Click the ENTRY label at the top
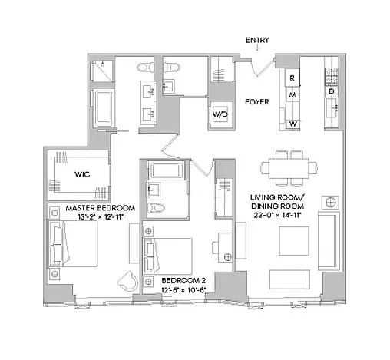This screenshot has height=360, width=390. point(258,40)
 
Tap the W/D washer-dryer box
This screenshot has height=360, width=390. point(220,114)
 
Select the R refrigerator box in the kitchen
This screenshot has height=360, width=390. point(292,78)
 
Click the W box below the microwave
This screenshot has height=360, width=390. point(292,123)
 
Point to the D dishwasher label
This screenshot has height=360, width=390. point(332,92)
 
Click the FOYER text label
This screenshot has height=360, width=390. point(256,101)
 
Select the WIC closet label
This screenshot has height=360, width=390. point(83,174)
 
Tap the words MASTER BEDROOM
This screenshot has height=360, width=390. point(101,208)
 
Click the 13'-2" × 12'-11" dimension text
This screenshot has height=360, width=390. point(101,218)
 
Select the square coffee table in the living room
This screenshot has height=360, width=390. point(293,240)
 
